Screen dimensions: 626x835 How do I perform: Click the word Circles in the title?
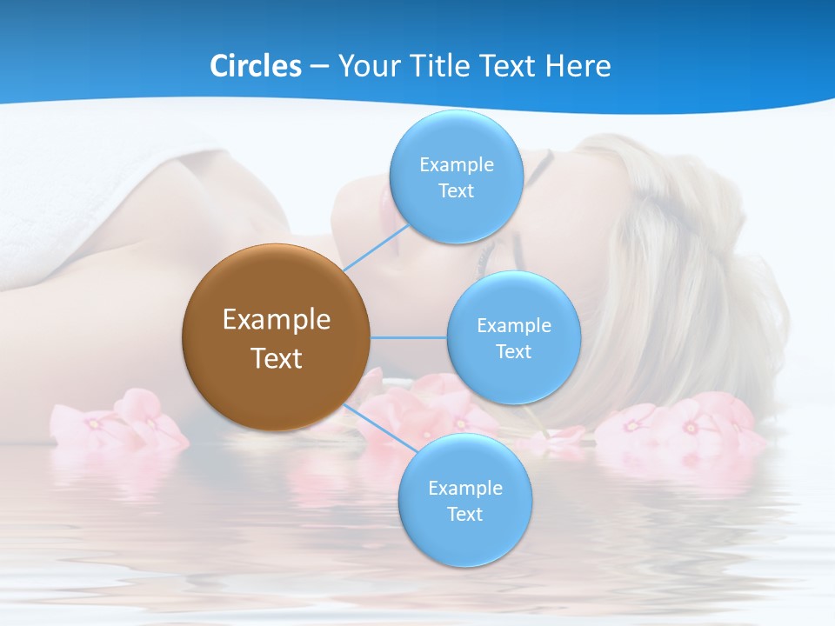(x=255, y=66)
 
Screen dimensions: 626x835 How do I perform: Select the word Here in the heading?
(x=578, y=66)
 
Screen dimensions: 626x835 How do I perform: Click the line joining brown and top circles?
(x=376, y=249)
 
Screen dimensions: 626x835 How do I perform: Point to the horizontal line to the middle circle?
(x=409, y=337)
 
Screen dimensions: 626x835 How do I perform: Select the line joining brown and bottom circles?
(x=376, y=426)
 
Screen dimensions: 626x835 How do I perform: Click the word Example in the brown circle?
(x=277, y=320)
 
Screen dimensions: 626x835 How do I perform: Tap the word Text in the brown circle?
(x=277, y=358)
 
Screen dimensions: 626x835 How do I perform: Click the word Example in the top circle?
(x=457, y=165)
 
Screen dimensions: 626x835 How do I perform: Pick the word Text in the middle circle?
(x=513, y=352)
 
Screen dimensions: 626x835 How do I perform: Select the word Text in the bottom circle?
(x=464, y=515)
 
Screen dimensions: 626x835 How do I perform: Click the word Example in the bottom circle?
(x=465, y=489)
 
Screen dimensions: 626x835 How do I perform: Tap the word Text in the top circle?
(x=456, y=191)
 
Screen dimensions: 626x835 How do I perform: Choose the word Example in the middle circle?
(x=514, y=326)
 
